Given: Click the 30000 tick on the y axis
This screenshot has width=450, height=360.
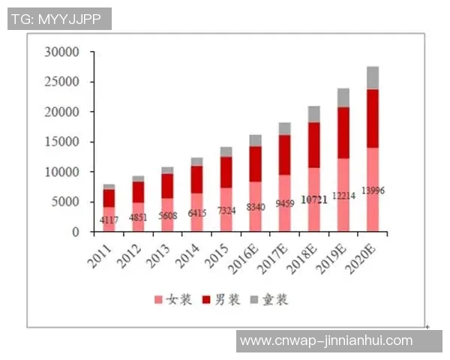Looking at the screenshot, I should [62, 52].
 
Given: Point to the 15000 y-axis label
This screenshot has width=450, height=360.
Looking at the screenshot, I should [62, 142].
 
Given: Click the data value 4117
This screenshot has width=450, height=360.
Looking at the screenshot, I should [109, 220].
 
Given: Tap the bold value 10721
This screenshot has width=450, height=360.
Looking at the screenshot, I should [314, 201].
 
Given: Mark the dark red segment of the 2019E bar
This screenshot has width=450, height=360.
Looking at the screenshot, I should [343, 133].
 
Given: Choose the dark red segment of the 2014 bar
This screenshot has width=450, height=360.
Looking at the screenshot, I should [197, 179].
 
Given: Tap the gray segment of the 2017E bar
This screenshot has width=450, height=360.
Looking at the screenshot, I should [285, 128].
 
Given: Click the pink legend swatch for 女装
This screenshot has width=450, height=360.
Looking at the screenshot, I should [158, 300].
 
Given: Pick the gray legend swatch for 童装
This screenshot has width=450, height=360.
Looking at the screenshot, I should [254, 300].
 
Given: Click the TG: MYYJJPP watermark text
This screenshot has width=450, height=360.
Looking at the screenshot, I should [59, 19].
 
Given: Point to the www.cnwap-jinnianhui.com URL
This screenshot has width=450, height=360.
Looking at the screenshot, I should [326, 340].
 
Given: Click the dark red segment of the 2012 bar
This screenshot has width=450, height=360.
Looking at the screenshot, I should [139, 192].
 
